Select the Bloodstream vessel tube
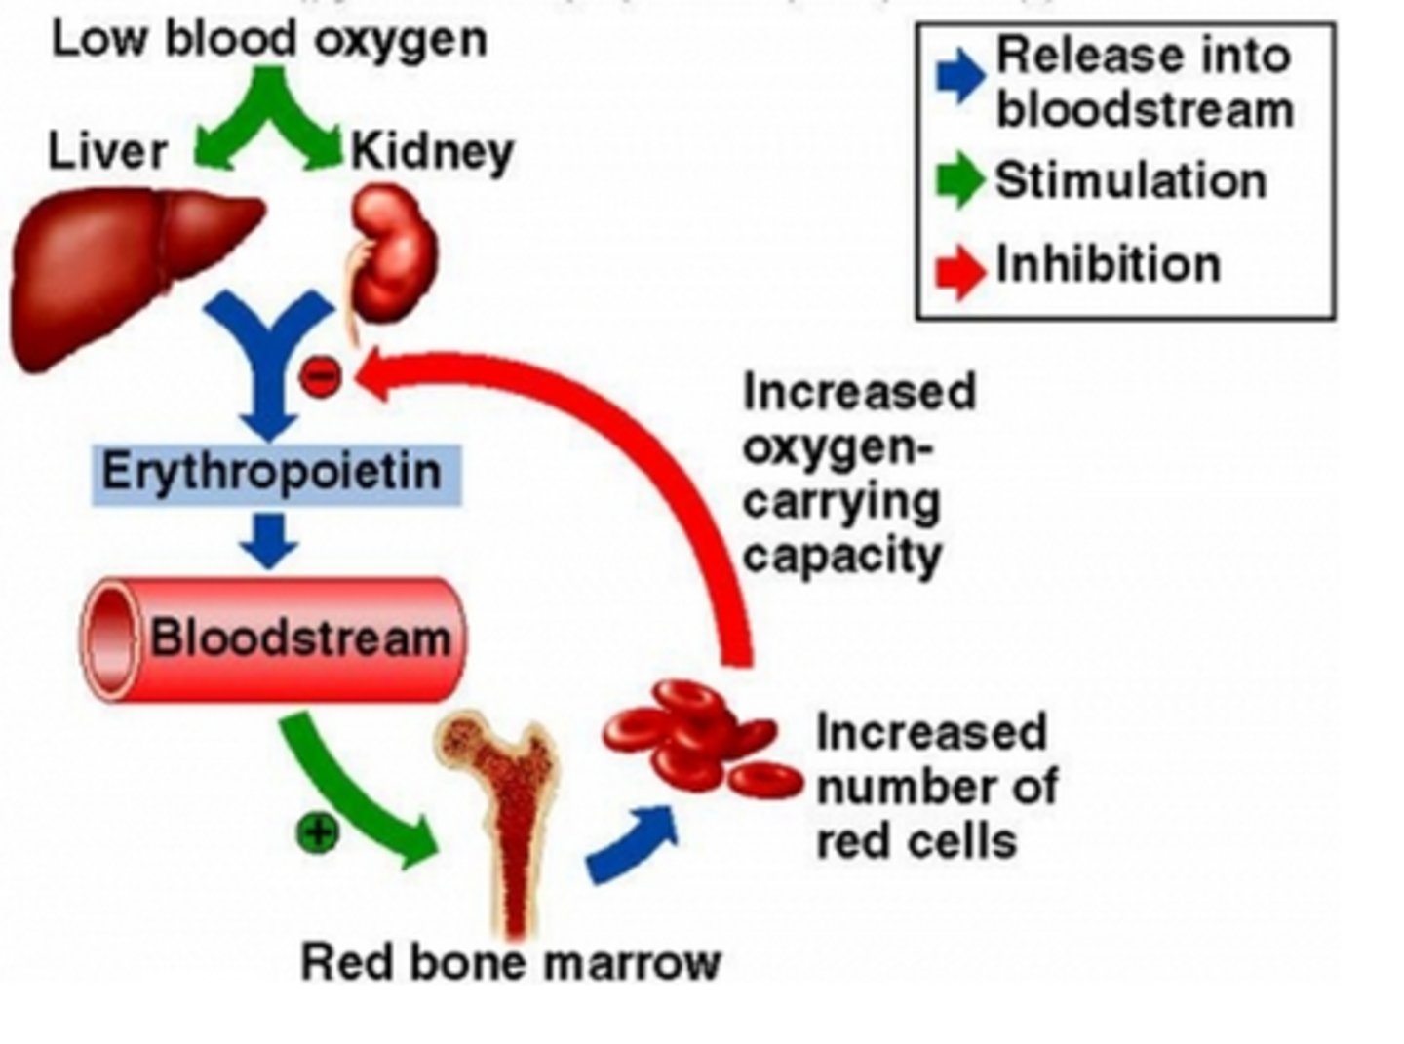[273, 639]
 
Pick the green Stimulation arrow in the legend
[960, 180]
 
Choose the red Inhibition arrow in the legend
[960, 269]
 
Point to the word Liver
[107, 152]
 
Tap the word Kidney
[431, 152]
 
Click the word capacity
[842, 557]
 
